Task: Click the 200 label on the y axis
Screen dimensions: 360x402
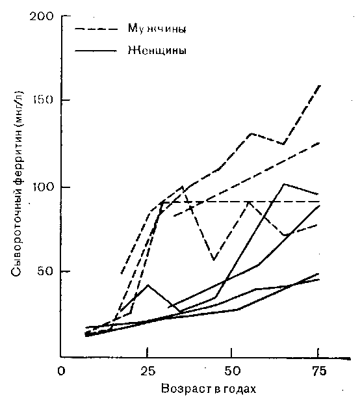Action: pyautogui.click(x=42, y=17)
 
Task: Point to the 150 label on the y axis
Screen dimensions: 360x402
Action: pyautogui.click(x=42, y=100)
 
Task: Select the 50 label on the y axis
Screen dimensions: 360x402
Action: pyautogui.click(x=46, y=271)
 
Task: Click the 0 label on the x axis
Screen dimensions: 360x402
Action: pyautogui.click(x=61, y=371)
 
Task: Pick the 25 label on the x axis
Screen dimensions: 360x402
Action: pyautogui.click(x=148, y=371)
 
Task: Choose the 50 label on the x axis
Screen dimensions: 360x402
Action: pyautogui.click(x=232, y=371)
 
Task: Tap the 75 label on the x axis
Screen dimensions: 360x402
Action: pyautogui.click(x=319, y=371)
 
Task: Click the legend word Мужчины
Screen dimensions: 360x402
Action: pyautogui.click(x=157, y=28)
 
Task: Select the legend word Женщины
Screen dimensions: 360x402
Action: pyautogui.click(x=157, y=50)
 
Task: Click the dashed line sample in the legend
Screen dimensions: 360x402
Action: pyautogui.click(x=96, y=29)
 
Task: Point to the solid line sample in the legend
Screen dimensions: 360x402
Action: pyautogui.click(x=96, y=51)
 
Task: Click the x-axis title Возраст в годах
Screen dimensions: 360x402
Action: pyautogui.click(x=209, y=389)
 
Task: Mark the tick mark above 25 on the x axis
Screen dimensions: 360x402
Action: pyautogui.click(x=148, y=353)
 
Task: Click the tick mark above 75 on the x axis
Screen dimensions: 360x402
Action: pyautogui.click(x=318, y=353)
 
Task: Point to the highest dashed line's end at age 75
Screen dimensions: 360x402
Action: pyautogui.click(x=320, y=86)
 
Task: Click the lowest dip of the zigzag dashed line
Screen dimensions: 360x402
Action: pyautogui.click(x=214, y=260)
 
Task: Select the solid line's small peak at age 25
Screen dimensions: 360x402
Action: pyautogui.click(x=148, y=285)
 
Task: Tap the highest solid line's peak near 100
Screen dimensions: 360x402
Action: pyautogui.click(x=284, y=184)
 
